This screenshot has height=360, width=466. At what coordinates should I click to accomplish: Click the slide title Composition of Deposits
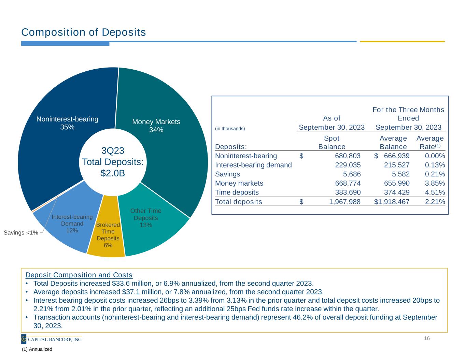84,32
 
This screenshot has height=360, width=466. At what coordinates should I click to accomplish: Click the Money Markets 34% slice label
156,126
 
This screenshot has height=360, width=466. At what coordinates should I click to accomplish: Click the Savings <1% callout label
21,233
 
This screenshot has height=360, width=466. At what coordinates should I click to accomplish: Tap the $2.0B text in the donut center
113,173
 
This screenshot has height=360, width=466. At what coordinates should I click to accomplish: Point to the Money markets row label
239,183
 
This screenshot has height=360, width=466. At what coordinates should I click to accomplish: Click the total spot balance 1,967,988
344,202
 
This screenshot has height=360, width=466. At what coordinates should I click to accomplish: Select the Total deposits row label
238,202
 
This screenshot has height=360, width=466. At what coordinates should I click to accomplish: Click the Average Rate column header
430,142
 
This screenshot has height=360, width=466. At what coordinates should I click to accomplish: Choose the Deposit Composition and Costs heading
79,275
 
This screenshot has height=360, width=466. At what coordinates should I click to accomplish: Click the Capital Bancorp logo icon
24,339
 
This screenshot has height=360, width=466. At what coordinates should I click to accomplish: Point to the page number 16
427,339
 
